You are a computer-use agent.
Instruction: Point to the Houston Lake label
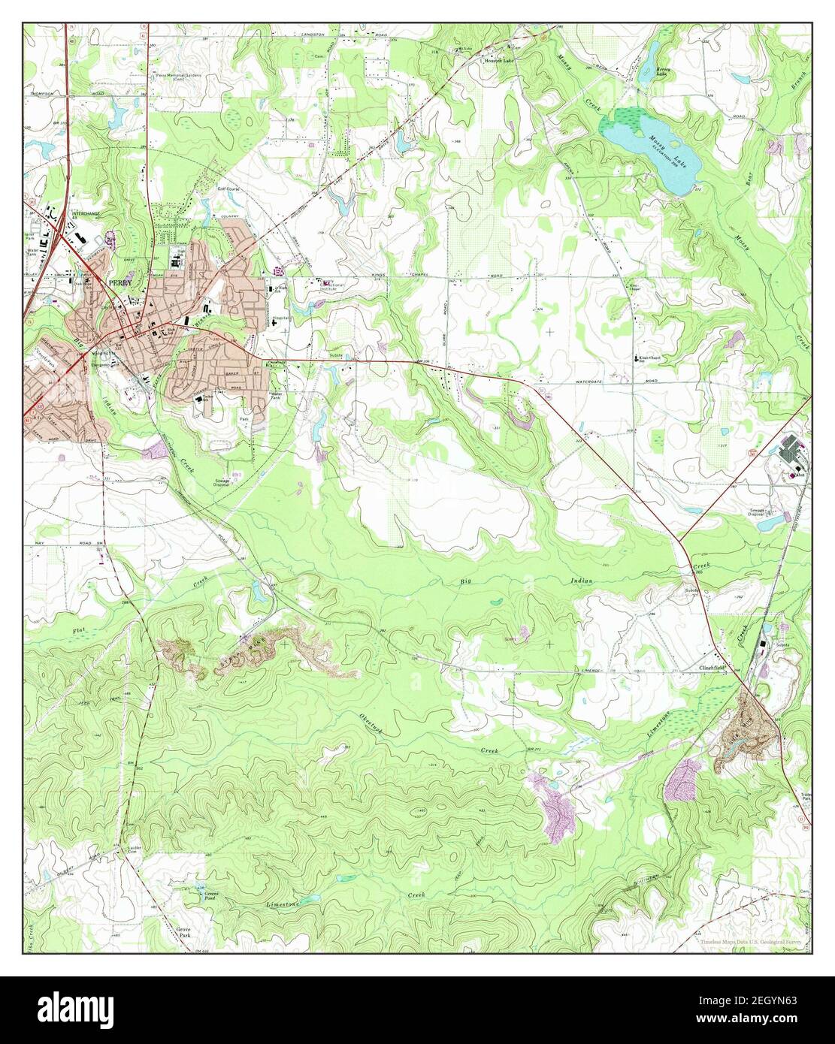click(x=500, y=60)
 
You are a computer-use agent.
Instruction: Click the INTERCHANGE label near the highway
click(x=86, y=214)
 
